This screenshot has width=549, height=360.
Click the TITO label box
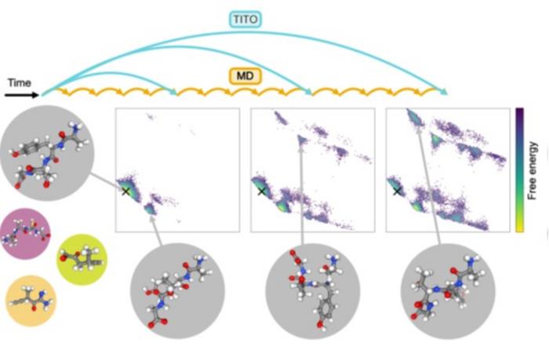tap(245, 20)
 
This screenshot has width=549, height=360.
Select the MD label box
tap(245, 76)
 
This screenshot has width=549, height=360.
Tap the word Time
tap(20, 83)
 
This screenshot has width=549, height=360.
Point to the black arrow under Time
tap(22, 95)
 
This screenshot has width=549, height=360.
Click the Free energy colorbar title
tap(533, 170)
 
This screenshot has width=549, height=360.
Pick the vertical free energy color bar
tap(519, 170)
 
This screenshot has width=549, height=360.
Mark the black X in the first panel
tap(125, 191)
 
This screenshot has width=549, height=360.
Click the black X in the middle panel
tap(261, 191)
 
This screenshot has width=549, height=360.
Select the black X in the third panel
tap(397, 191)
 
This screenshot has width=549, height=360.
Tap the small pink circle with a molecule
tap(25, 234)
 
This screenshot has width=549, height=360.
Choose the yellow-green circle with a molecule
tap(82, 260)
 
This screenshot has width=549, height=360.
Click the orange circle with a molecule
tap(31, 301)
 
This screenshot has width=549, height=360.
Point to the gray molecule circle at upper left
tap(48, 154)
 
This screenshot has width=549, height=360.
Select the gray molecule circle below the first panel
tap(177, 291)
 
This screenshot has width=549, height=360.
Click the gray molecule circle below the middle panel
tap(313, 291)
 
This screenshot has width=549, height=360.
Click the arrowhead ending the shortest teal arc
tap(173, 92)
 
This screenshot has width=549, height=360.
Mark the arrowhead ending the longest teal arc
tap(444, 92)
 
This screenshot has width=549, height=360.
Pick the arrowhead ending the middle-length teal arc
tap(308, 92)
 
